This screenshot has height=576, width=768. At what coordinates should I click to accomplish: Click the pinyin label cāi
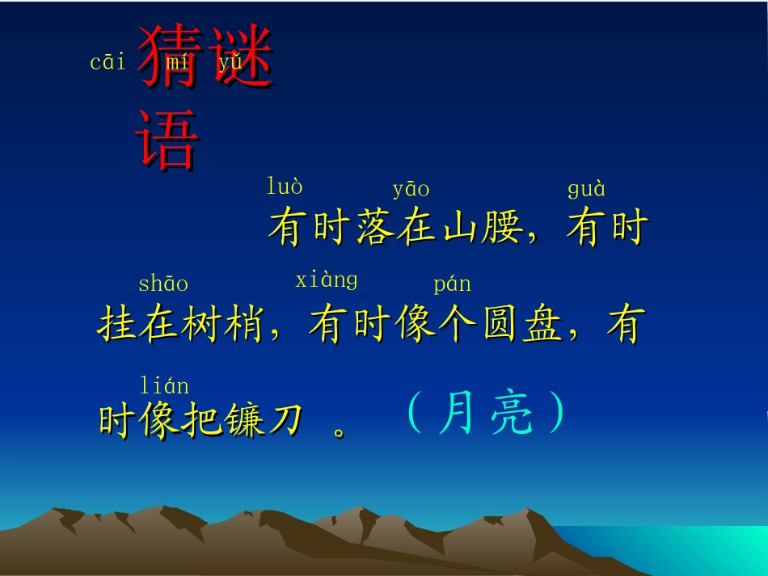coord(108,62)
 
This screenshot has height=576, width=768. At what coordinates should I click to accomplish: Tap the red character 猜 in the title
coord(168,57)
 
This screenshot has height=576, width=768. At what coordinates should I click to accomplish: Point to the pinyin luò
coord(285,187)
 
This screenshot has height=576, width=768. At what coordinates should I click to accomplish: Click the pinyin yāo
coord(411,190)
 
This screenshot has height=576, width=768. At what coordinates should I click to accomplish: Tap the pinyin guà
coord(586,190)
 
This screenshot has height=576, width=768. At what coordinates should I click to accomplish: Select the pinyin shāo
coord(163,284)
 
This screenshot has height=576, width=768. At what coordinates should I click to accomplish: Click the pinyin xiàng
coord(326,280)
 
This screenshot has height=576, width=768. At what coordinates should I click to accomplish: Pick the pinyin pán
coord(452,284)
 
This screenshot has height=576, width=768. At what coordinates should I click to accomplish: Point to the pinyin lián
coord(164,385)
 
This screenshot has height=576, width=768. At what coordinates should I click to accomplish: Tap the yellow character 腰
coord(502,228)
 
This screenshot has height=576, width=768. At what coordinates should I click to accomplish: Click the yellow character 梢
coord(243,326)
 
